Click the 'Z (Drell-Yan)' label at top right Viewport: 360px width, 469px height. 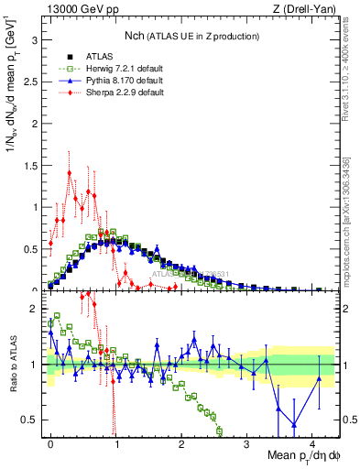[308, 10]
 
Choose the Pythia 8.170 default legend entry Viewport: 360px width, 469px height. [122, 81]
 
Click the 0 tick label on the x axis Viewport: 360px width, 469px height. [50, 443]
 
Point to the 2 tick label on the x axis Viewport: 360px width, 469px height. [181, 443]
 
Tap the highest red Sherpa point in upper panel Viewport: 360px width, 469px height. [70, 172]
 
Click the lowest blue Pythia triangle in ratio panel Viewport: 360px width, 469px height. [293, 424]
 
